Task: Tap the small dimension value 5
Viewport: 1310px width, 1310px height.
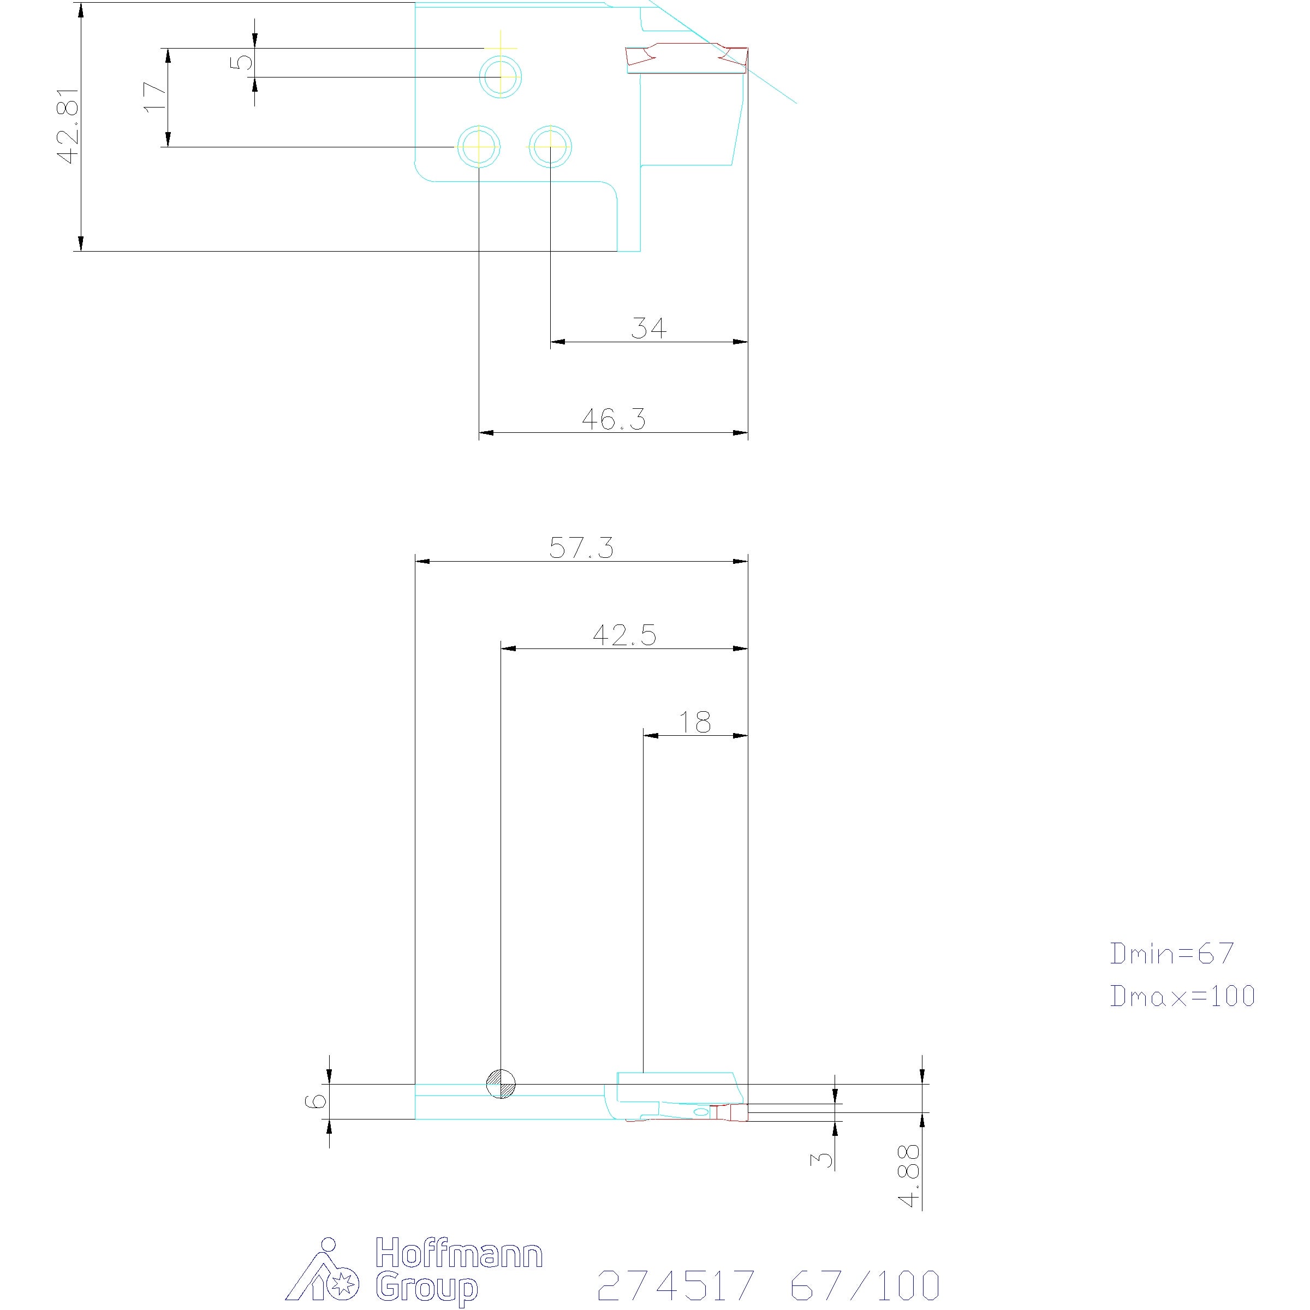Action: click(242, 62)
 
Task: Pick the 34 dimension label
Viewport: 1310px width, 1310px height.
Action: click(648, 328)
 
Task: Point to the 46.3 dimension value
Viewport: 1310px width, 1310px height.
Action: click(614, 419)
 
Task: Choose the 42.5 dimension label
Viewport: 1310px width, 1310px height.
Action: click(624, 635)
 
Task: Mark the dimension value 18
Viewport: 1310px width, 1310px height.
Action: click(695, 722)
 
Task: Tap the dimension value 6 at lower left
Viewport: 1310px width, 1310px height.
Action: click(316, 1100)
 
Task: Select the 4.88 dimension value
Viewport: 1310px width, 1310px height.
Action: click(909, 1185)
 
